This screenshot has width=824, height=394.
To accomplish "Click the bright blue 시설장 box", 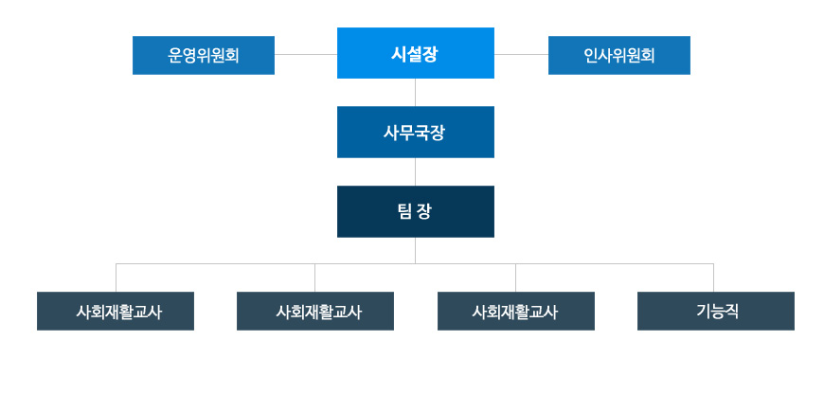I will point(415,53).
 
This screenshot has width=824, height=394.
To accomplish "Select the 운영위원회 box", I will point(204,55).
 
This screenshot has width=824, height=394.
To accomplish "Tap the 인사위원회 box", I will point(618,55).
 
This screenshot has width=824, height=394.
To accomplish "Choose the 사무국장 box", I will point(415,132).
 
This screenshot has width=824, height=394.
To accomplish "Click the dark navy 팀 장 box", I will point(415,211).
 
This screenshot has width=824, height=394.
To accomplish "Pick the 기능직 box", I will point(715,311).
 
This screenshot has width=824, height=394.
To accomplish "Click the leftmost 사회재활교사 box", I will point(116,311).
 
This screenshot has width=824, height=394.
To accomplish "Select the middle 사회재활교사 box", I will point(314,311).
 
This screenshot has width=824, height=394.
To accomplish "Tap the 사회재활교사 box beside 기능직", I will point(515,311).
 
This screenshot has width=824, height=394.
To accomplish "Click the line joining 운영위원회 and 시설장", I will point(306,54).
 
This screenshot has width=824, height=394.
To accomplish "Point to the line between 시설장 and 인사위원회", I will point(521,54).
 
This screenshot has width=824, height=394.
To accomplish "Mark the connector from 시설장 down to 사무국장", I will point(416,92).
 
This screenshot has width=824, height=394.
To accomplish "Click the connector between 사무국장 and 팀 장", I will point(416,171).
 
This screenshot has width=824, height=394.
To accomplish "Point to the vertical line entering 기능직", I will point(713,278).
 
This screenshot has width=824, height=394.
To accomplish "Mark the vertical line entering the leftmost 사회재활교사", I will point(116,278).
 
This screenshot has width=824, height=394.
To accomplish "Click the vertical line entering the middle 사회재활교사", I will point(314,278).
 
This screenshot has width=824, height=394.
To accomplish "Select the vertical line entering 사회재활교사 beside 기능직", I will point(515,278).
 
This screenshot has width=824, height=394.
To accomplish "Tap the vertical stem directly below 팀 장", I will point(416,250).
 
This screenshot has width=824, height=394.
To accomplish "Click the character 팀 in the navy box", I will point(404,211).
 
